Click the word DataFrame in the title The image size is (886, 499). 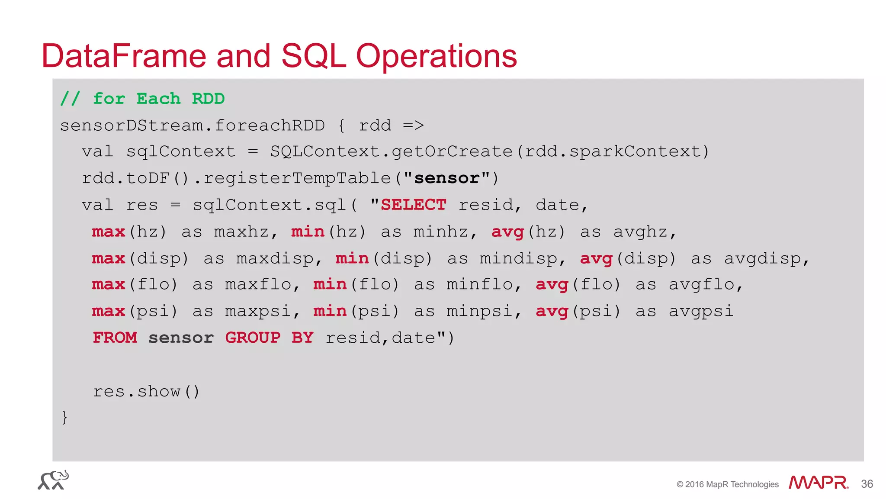click(124, 56)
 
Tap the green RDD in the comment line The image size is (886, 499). click(208, 99)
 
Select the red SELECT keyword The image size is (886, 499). click(413, 205)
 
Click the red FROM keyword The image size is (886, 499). click(115, 338)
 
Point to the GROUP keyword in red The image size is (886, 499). click(253, 338)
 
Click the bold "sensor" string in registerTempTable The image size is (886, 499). click(447, 178)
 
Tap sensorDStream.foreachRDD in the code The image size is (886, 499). click(192, 126)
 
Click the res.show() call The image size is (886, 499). click(146, 391)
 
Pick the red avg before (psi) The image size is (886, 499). click(552, 311)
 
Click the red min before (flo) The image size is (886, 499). click(330, 284)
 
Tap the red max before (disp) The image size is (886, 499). click(108, 258)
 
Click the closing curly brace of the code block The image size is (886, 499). click(64, 417)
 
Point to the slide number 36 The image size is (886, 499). click(867, 484)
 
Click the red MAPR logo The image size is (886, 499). click(818, 483)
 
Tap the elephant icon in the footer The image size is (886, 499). click(53, 480)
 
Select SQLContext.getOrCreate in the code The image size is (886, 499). click(391, 151)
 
